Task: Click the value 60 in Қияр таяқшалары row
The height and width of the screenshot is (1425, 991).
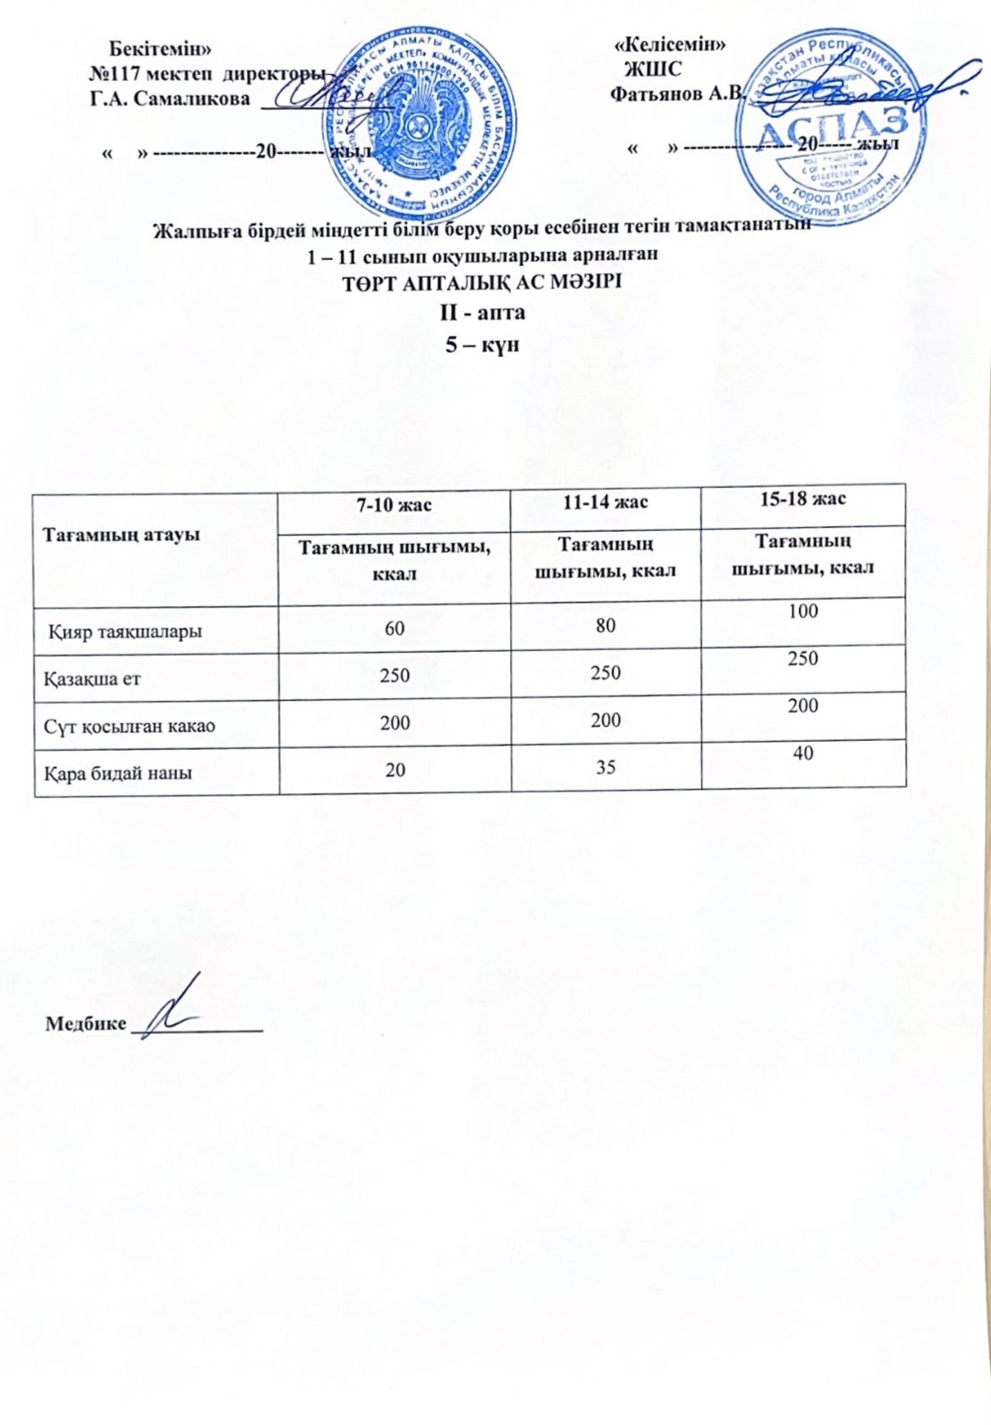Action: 394,629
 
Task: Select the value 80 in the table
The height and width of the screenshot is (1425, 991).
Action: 605,625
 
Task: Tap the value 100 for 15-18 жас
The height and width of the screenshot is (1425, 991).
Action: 802,612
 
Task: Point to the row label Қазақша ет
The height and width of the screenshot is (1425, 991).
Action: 93,679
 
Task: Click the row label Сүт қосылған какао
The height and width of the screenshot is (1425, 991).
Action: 130,726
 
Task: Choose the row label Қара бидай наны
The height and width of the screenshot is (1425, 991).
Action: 118,772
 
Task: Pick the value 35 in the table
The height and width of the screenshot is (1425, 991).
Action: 605,766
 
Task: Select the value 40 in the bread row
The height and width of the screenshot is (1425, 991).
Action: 802,753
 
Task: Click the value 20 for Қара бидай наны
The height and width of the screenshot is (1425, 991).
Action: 395,768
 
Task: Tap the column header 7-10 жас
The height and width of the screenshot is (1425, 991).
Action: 394,505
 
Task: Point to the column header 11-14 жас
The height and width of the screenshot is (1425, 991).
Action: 605,501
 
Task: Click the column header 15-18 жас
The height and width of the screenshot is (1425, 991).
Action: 802,499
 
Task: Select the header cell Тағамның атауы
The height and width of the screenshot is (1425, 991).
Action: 122,534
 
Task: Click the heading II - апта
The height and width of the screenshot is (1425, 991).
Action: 483,313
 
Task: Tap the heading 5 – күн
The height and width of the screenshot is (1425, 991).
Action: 482,344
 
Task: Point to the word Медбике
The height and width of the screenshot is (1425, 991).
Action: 85,1023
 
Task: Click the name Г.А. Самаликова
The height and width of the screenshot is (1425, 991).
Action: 170,99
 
